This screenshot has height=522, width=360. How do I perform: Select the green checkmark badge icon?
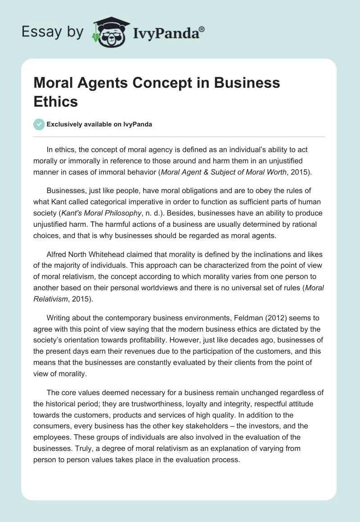pyautogui.click(x=39, y=124)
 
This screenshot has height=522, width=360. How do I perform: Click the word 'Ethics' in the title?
pyautogui.click(x=56, y=101)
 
